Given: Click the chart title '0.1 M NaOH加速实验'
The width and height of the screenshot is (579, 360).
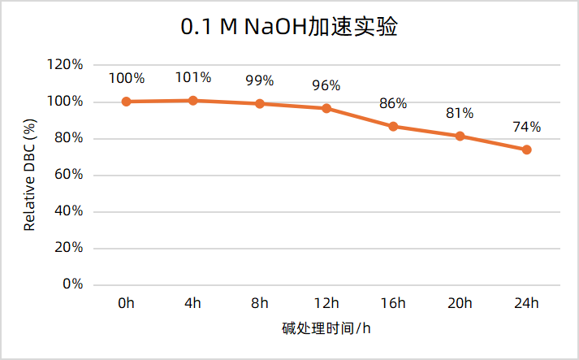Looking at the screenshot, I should coord(289,27).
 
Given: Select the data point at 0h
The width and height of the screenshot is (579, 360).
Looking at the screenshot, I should coord(127,102).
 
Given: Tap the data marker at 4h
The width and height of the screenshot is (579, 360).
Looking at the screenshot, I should coord(193,101).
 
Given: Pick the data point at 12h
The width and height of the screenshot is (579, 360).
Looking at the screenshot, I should coord(326,108).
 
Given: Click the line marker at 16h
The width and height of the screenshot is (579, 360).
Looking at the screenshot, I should coord(393,127).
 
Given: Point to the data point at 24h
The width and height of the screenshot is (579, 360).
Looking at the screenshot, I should coord(526,150).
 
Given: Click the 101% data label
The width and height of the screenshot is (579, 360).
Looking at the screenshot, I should coord(193,78).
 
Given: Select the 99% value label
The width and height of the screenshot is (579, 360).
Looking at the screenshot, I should coord(260,81).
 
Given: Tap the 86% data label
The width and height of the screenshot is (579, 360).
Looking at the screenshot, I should coord(393,104).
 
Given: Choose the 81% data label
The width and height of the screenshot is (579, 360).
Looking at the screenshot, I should coord(460,114).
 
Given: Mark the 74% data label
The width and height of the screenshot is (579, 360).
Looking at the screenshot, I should coord(526,127).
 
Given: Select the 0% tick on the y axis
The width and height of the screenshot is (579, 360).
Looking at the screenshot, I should coord(73,284).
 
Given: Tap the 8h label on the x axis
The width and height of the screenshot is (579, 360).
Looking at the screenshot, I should coord(260,304).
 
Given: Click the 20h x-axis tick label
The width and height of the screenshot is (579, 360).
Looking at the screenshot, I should coord(460,304).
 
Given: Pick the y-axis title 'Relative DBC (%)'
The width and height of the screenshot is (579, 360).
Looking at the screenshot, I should coord(30,175).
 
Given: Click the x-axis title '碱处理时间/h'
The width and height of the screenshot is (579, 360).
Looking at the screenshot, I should coord(326,329).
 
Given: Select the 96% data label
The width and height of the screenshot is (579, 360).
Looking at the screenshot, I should coord(326,86).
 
